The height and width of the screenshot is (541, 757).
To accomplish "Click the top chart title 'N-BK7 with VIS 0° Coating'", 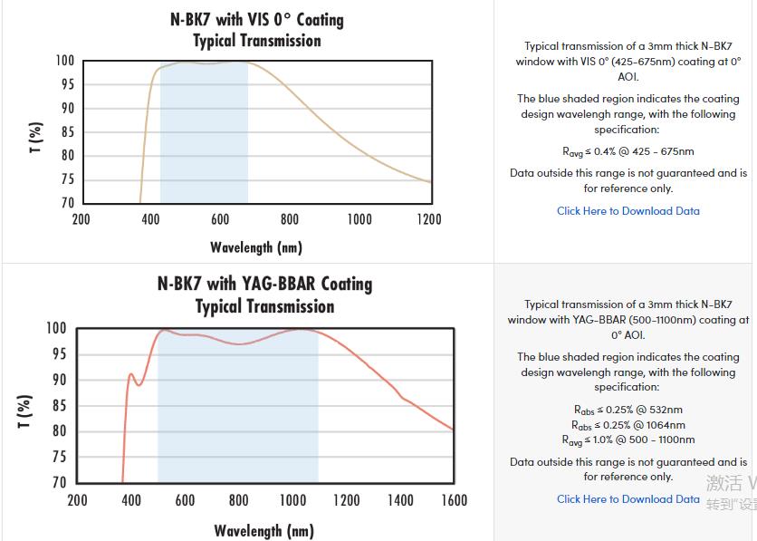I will click(256, 19).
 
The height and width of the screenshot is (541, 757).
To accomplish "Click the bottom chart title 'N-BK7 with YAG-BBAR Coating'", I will click(264, 284).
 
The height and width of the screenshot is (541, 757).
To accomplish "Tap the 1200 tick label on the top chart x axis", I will click(428, 219).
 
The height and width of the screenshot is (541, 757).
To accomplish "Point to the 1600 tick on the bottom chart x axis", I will click(454, 500).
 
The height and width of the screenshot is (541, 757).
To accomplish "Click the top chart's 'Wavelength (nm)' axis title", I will click(256, 247).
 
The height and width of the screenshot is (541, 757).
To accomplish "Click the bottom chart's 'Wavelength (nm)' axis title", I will click(264, 531).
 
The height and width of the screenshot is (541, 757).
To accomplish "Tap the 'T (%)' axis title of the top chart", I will click(35, 137).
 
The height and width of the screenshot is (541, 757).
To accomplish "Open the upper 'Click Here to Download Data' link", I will click(628, 211).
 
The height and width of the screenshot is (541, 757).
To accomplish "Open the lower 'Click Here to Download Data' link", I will click(628, 499).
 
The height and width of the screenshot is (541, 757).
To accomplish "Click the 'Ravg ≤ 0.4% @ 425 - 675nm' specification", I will click(628, 151).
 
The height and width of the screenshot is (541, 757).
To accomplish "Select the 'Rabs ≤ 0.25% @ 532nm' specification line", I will click(628, 410).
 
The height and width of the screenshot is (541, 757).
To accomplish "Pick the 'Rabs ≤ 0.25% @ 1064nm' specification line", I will click(628, 425).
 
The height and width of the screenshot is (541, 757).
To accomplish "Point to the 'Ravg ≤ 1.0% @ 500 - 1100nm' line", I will click(628, 440).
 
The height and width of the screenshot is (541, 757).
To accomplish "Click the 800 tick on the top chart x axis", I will click(290, 219).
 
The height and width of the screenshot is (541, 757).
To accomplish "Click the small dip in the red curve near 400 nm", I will click(139, 384).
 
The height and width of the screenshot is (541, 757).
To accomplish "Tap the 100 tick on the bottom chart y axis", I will click(56, 328).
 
